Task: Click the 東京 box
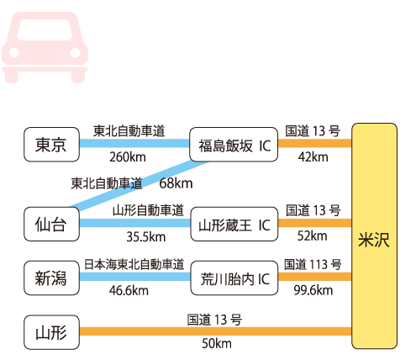(51, 145)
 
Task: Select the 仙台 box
(51, 224)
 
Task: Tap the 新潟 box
(51, 278)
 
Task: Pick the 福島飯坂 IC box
(234, 145)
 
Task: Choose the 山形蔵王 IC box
(234, 224)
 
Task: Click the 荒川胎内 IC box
(234, 278)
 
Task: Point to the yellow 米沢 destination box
(374, 236)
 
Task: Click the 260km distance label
(128, 157)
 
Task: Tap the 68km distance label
(176, 183)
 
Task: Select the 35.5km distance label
(146, 237)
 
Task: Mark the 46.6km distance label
(129, 290)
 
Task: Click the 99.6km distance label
(313, 290)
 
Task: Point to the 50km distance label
(217, 343)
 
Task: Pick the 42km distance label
(313, 157)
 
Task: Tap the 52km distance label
(313, 236)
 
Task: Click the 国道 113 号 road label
(313, 264)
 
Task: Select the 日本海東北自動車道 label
(134, 264)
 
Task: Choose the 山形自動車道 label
(148, 210)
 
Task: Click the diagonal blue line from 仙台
(140, 186)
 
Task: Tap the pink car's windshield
(45, 29)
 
